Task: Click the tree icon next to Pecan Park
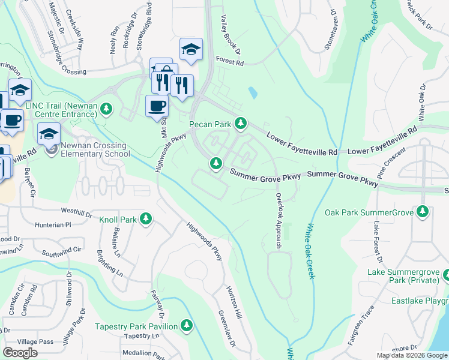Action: coord(241,124)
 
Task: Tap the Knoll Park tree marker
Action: coord(145,220)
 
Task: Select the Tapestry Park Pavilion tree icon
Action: coord(187,326)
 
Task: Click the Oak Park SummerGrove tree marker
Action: coord(423,212)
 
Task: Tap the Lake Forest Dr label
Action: coord(377,242)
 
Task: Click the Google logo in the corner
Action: coord(20,353)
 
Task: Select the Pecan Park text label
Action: coord(210,124)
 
